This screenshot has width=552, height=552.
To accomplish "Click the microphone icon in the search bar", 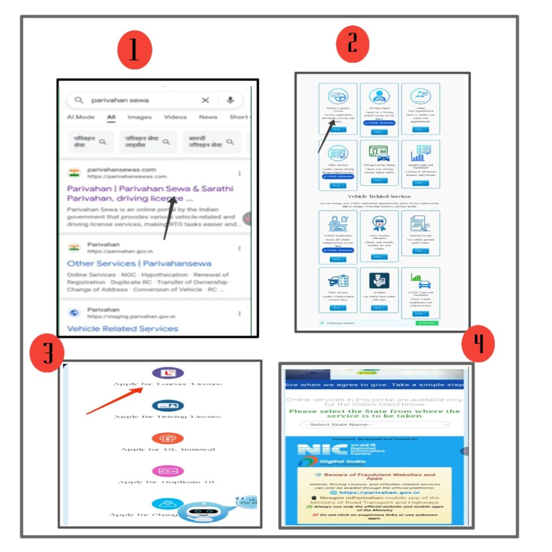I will tap(230, 100).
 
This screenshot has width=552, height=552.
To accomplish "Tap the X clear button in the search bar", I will tap(205, 100).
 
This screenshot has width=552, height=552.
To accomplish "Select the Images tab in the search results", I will tap(139, 117).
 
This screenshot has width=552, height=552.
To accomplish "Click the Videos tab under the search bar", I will tap(175, 117).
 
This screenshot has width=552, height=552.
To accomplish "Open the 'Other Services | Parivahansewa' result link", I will tap(139, 264).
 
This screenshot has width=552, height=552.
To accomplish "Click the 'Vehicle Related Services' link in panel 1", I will tap(122, 328).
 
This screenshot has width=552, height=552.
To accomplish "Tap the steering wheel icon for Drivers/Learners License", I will tap(337, 97).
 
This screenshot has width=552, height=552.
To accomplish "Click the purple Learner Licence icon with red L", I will tap(168, 373).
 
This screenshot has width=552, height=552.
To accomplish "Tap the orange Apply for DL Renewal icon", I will tap(168, 438).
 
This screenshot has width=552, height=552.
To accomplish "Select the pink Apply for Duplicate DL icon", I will tap(168, 471).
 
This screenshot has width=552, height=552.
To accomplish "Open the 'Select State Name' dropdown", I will tap(375, 425).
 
